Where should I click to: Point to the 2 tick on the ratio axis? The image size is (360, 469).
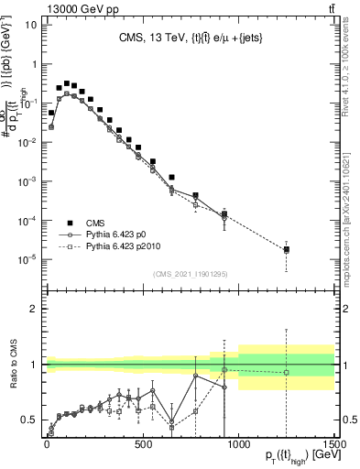click(30, 309)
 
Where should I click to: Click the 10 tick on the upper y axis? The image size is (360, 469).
click(28, 26)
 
